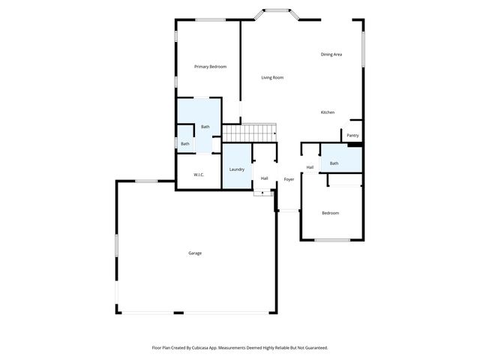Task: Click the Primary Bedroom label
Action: pyautogui.click(x=210, y=67)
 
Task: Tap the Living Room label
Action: pyautogui.click(x=272, y=77)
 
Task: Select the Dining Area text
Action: pyautogui.click(x=331, y=55)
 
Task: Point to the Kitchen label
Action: pyautogui.click(x=328, y=112)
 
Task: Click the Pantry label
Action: pyautogui.click(x=352, y=136)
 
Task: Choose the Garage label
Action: pyautogui.click(x=195, y=253)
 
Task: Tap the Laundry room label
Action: pyautogui.click(x=237, y=169)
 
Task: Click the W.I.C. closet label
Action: pyautogui.click(x=199, y=175)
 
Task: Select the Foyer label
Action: pyautogui.click(x=289, y=179)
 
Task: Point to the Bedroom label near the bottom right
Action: pyautogui.click(x=331, y=213)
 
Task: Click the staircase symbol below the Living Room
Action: pyautogui.click(x=250, y=132)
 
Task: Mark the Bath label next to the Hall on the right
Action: pyautogui.click(x=334, y=163)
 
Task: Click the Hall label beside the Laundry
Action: pyautogui.click(x=264, y=178)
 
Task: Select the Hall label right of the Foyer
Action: pyautogui.click(x=310, y=167)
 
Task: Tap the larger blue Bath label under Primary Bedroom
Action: pyautogui.click(x=205, y=127)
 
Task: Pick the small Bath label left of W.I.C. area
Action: pyautogui.click(x=184, y=143)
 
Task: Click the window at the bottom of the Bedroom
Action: pyautogui.click(x=331, y=240)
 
